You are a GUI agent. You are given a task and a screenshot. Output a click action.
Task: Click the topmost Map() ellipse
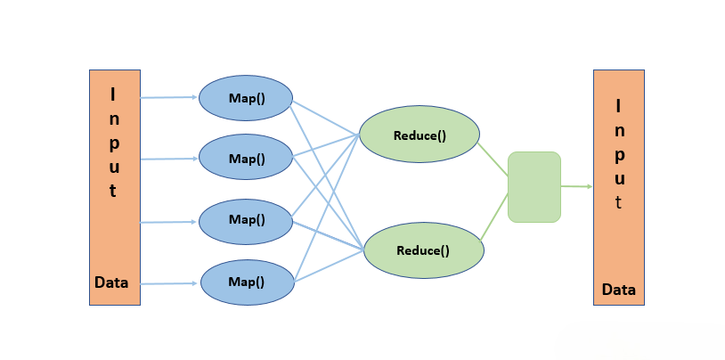pos(246,97)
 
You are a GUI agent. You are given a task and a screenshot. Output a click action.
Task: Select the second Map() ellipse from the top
pos(246,158)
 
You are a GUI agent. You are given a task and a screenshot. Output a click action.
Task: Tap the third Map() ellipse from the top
pos(246,219)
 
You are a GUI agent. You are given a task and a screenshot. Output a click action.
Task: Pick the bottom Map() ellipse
pos(247,282)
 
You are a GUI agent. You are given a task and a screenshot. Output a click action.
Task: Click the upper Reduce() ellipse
pos(420,135)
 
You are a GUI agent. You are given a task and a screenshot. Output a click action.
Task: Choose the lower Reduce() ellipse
pos(424,250)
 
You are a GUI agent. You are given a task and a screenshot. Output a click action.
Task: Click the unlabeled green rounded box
pos(534,187)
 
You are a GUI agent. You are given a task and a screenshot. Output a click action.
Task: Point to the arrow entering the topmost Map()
pos(169,97)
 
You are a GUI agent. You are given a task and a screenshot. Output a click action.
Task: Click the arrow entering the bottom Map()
pos(169,283)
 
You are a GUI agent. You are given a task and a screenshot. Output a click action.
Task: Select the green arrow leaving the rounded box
pos(576,186)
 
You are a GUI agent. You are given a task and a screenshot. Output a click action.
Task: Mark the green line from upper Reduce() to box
pos(493,157)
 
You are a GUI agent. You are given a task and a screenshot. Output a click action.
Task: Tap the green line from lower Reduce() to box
pos(495,218)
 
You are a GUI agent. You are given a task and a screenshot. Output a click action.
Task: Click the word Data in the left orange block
pos(112,283)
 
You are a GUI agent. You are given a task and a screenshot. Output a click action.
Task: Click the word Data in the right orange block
pos(619,290)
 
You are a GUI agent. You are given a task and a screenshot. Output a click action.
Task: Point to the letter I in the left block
pos(112,93)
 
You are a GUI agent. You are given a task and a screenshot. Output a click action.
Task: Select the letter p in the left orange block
pos(113,143)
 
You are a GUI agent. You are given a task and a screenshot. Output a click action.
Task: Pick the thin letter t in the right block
pos(619,202)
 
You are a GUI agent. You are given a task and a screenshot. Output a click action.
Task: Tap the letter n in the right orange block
pos(619,130)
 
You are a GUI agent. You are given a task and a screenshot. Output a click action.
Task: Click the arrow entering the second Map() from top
pos(169,159)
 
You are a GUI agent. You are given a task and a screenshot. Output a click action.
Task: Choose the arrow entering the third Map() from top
pos(169,221)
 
